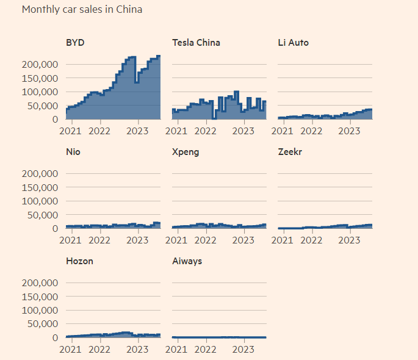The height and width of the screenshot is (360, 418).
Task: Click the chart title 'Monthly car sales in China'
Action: pyautogui.click(x=82, y=10)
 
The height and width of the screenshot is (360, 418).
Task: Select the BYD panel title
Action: pyautogui.click(x=75, y=43)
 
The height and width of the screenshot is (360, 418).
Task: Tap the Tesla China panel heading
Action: pyautogui.click(x=196, y=43)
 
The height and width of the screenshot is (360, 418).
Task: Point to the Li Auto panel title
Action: pyautogui.click(x=293, y=43)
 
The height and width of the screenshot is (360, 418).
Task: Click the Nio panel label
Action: pyautogui.click(x=73, y=152)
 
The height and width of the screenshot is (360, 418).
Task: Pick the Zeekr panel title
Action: pyautogui.click(x=290, y=152)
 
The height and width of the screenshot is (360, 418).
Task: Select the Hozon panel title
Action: pyautogui.click(x=79, y=261)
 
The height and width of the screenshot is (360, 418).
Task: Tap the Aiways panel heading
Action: pyautogui.click(x=187, y=261)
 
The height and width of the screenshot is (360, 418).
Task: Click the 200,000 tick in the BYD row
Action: pyautogui.click(x=40, y=65)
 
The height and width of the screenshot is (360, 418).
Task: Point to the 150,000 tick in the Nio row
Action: pyautogui.click(x=40, y=187)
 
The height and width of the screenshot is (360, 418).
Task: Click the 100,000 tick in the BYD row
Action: pyautogui.click(x=40, y=92)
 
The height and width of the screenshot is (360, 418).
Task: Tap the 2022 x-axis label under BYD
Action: pyautogui.click(x=99, y=131)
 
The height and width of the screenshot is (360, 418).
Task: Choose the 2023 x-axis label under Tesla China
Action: pyautogui.click(x=243, y=131)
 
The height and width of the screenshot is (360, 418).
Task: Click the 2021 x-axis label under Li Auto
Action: pyautogui.click(x=282, y=131)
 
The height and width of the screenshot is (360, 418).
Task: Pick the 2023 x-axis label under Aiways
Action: pyautogui.click(x=243, y=349)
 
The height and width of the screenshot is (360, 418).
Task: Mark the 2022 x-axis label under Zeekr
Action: pyautogui.click(x=311, y=240)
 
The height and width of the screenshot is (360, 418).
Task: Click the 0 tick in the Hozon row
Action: pyautogui.click(x=55, y=337)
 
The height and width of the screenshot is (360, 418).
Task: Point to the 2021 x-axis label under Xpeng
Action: pyautogui.click(x=176, y=240)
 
